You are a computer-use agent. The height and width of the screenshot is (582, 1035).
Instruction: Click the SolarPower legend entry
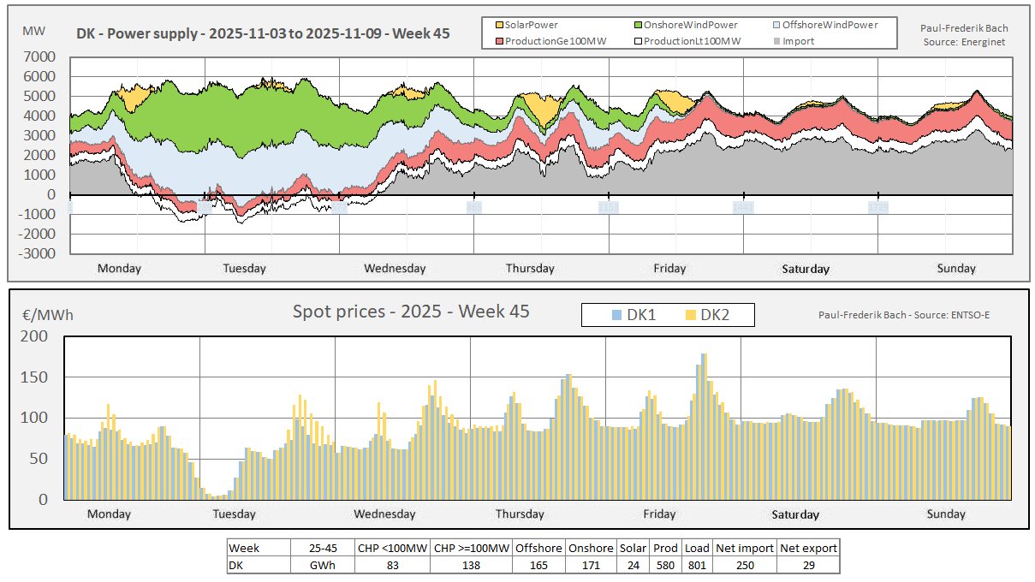(x=531, y=25)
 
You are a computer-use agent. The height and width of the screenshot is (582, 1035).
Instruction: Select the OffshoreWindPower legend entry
(x=830, y=25)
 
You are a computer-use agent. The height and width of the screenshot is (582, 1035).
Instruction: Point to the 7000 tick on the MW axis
(x=41, y=56)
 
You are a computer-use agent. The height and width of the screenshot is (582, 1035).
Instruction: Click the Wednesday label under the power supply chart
(x=395, y=268)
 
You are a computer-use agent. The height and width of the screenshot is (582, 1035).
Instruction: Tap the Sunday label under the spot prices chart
(x=946, y=514)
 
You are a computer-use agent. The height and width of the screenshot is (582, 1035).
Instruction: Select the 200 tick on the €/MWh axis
(x=40, y=336)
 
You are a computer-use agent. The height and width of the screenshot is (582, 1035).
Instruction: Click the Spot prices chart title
(x=411, y=312)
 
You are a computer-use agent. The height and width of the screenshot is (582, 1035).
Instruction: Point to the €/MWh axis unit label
(x=48, y=315)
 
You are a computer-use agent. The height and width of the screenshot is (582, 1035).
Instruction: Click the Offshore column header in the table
(x=539, y=548)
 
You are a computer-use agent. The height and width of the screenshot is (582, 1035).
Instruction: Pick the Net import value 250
(x=745, y=566)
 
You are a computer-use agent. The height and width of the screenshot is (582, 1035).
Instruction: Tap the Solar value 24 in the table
(x=633, y=566)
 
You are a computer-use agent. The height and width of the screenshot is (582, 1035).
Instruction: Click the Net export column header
(x=808, y=548)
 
